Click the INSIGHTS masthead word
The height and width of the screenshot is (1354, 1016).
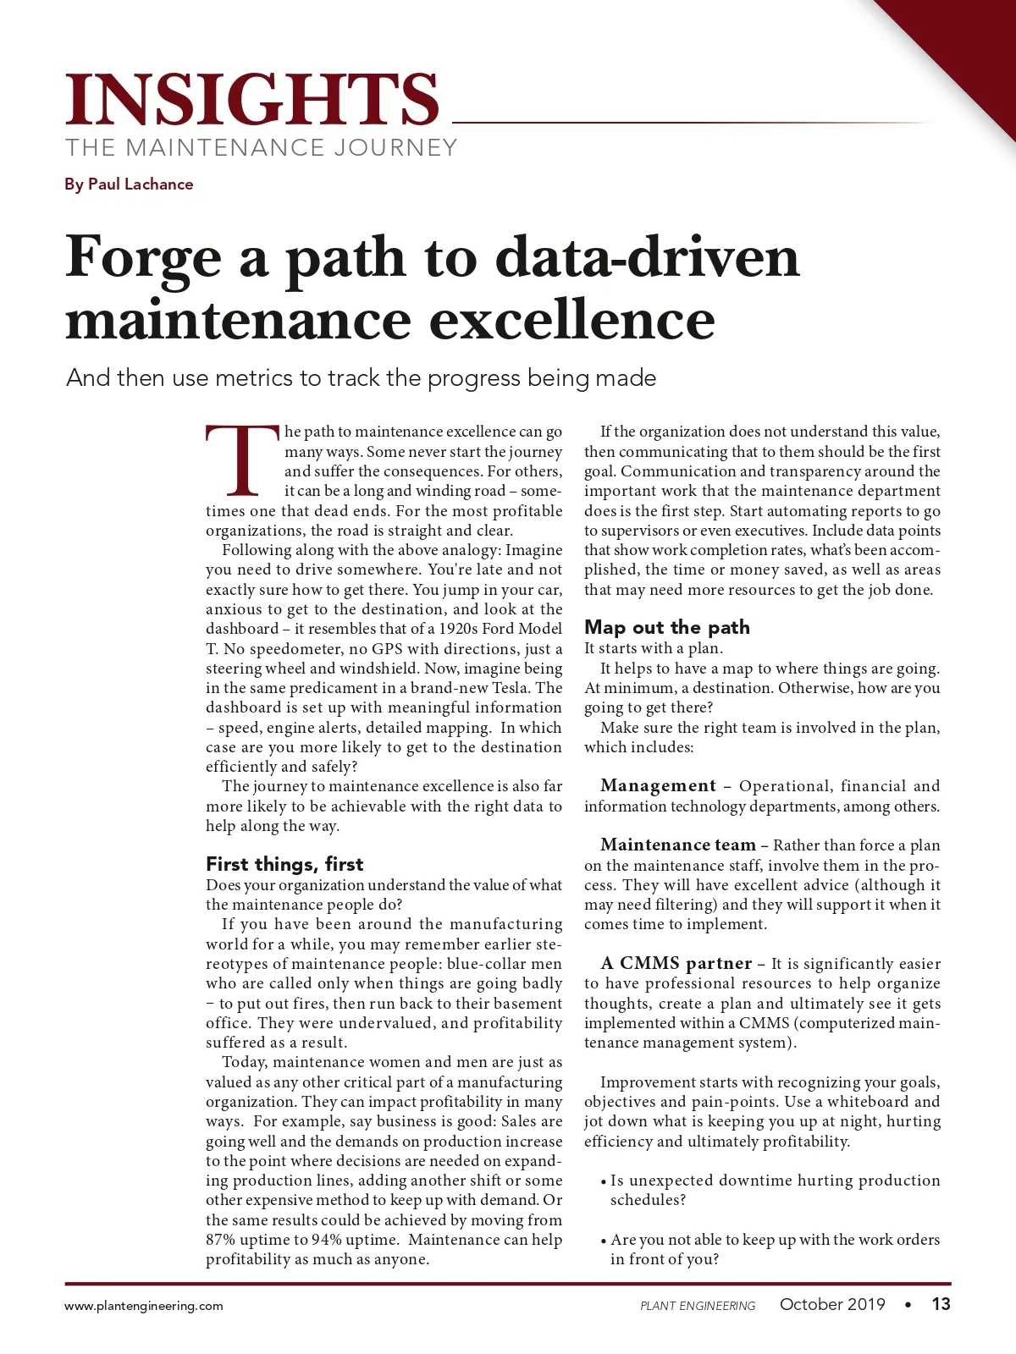point(252,100)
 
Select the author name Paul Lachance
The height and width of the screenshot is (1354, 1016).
point(141,184)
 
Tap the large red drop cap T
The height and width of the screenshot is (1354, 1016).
point(242,461)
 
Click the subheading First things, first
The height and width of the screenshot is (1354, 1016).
point(284,864)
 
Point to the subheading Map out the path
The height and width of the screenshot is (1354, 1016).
point(667,627)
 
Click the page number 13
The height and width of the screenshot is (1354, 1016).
point(941,1304)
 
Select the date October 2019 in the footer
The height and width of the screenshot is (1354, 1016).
point(832,1304)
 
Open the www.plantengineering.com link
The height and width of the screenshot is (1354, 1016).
point(144,1306)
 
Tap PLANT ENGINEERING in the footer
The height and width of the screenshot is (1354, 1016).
point(698,1306)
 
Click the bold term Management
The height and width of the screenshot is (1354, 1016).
point(658,786)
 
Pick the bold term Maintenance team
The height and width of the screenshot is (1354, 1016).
point(677,845)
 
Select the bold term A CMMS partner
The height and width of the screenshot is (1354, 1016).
point(676,964)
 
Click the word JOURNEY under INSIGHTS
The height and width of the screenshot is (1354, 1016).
point(395,148)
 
